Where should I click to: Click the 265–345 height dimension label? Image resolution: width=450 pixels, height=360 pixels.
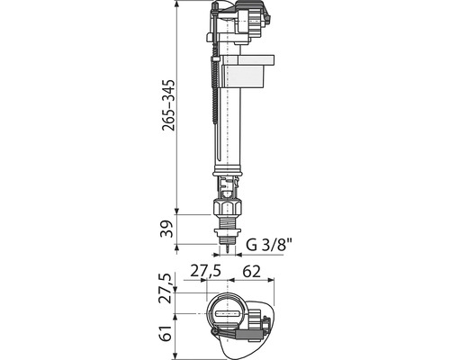[168, 105]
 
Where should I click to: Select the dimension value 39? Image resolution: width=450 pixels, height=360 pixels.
[166, 229]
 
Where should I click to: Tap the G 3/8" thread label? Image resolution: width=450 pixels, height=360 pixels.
[269, 245]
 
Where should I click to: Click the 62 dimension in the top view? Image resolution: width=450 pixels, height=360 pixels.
[251, 272]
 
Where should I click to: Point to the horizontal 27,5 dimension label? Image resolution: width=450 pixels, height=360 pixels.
[206, 271]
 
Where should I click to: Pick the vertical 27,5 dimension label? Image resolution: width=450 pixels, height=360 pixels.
[166, 288]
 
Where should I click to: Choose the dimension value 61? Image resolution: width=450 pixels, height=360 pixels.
[166, 332]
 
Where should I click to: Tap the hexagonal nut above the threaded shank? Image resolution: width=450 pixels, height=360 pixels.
[227, 207]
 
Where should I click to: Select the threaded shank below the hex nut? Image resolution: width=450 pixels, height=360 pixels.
[227, 222]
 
